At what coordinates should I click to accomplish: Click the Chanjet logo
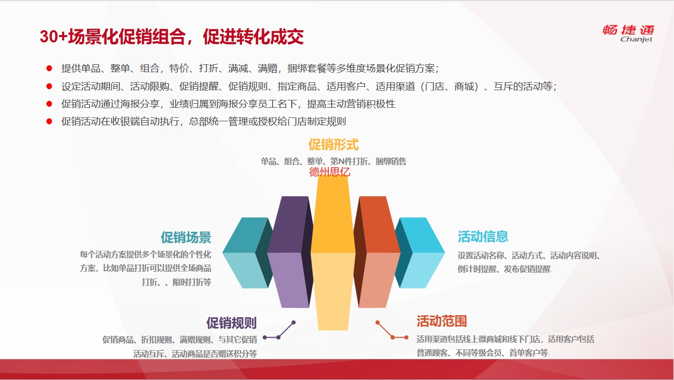[628, 34]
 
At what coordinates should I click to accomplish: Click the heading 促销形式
[334, 145]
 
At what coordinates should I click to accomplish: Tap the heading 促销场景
[186, 237]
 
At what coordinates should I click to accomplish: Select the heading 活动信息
[483, 236]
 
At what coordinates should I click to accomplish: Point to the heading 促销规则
[231, 323]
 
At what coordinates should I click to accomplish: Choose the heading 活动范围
[442, 321]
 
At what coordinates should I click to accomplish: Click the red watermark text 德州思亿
[330, 172]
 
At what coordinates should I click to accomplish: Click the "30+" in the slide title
[54, 37]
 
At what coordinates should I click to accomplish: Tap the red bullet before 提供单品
[49, 69]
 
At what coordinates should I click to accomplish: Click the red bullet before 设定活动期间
[49, 87]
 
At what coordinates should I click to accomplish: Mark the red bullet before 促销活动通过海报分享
[49, 104]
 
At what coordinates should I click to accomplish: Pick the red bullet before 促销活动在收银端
[49, 121]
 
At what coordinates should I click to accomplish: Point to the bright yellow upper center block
[333, 214]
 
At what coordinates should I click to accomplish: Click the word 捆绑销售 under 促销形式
[391, 161]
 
